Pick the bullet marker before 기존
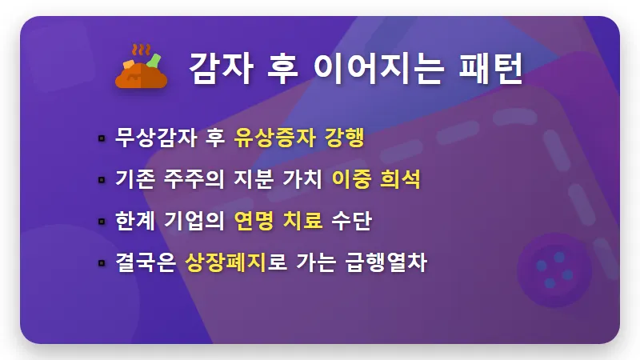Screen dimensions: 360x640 click(x=102, y=179)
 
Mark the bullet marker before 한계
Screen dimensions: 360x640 click(x=102, y=221)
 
